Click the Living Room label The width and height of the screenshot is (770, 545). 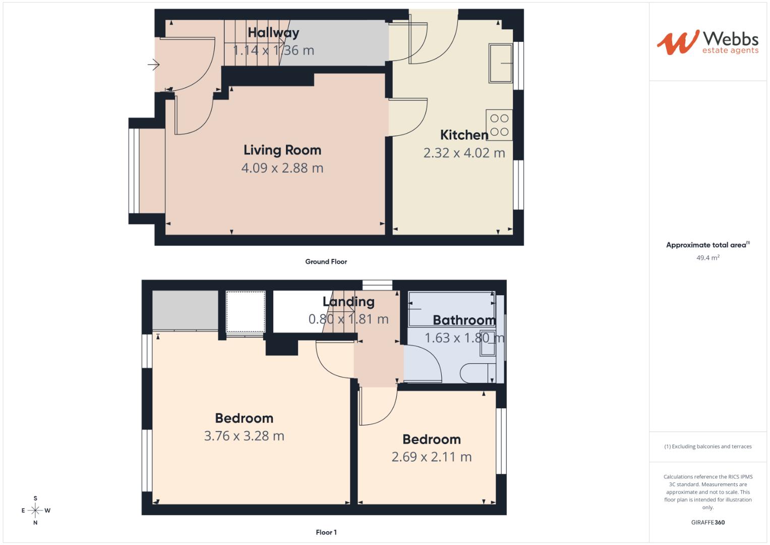coord(282,150)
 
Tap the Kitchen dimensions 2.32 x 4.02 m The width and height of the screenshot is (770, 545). coord(464,153)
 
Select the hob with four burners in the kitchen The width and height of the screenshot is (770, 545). coord(499,125)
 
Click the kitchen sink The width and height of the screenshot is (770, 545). coord(500,63)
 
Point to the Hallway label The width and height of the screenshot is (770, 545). coord(273,33)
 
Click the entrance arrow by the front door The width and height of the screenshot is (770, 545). coord(153,65)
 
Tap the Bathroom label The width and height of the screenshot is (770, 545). coord(464,320)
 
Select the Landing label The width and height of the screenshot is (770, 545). coord(348,302)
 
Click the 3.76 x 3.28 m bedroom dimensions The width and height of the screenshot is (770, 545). coord(244,436)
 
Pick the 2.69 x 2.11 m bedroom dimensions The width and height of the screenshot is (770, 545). coord(432,457)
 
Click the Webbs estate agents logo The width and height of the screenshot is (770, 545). coord(707,42)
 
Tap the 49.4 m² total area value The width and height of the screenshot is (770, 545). coord(708,258)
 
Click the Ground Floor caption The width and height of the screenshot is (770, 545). coord(326,261)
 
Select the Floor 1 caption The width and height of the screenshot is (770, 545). coord(326,532)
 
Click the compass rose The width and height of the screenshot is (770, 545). coord(35,510)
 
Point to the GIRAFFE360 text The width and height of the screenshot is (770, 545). coord(707,522)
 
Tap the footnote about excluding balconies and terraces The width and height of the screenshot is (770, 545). coord(707,447)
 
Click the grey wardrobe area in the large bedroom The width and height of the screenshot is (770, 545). coord(185,311)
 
